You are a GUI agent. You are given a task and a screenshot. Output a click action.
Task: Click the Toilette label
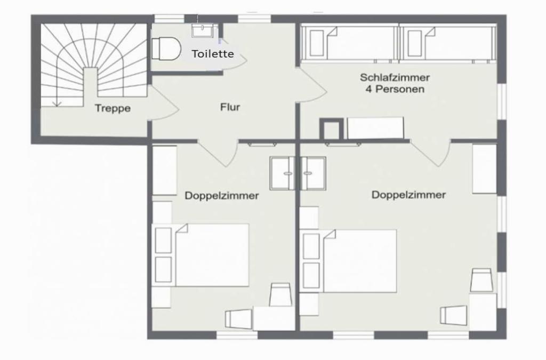click(x=213, y=54)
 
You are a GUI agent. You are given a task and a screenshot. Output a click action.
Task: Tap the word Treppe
click(x=113, y=108)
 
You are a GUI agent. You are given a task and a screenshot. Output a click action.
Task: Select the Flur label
click(x=230, y=107)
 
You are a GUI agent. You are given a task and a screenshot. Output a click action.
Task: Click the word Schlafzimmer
click(x=395, y=77)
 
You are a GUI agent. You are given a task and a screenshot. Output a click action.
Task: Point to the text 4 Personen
click(x=395, y=89)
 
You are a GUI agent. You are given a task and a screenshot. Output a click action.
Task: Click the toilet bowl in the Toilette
click(x=166, y=49)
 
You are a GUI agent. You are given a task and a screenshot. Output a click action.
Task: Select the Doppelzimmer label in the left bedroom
click(x=221, y=196)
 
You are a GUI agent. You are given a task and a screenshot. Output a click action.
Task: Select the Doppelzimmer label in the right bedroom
click(x=408, y=195)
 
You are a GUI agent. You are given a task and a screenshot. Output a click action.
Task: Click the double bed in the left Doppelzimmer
click(x=212, y=255)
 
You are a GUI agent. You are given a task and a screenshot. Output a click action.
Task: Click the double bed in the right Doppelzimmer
click(x=360, y=261)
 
